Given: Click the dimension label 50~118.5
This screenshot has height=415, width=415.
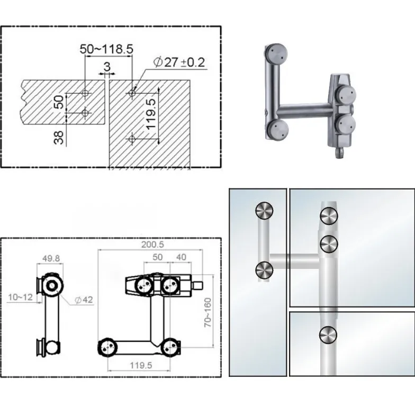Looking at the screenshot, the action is pyautogui.click(x=106, y=49).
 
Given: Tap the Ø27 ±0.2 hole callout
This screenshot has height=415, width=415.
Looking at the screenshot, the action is pyautogui.click(x=179, y=62).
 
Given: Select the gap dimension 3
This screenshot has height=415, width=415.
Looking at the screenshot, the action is pyautogui.click(x=107, y=67).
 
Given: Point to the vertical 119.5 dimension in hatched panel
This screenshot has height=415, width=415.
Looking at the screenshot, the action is pyautogui.click(x=151, y=114).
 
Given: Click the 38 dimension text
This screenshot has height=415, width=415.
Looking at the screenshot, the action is pyautogui.click(x=59, y=138).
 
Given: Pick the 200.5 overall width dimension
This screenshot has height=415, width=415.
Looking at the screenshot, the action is pyautogui.click(x=152, y=245).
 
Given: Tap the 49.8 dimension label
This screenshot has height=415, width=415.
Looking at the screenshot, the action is pyautogui.click(x=51, y=258).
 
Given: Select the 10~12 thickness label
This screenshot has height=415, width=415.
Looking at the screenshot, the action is pyautogui.click(x=20, y=297).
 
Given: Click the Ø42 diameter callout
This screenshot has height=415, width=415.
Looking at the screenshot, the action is pyautogui.click(x=84, y=300).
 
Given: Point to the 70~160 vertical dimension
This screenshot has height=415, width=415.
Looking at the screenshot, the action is pyautogui.click(x=208, y=312).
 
